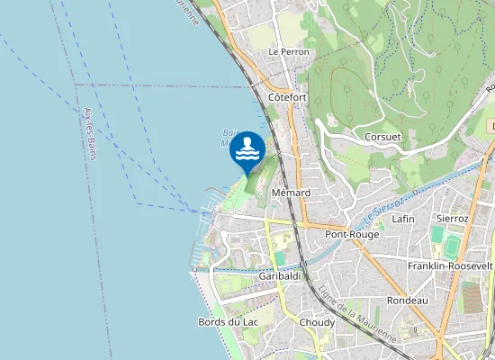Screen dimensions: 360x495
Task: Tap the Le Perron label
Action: coord(289,52)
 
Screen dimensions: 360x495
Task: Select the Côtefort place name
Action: coord(288,96)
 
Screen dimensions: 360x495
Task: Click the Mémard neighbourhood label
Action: coord(290,193)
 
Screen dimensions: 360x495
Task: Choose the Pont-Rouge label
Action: coord(350,233)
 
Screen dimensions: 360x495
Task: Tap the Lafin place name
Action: coord(402,219)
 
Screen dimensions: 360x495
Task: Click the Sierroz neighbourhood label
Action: coord(451,219)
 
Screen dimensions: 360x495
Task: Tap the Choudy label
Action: coord(317,322)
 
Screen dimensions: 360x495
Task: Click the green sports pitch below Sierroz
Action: coord(438,234)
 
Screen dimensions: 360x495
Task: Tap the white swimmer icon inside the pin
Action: coord(247,148)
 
